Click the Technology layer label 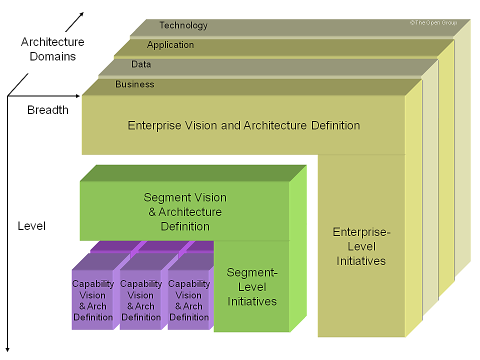click(x=183, y=25)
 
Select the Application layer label click(x=170, y=45)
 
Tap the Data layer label click(x=141, y=64)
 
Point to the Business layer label click(x=134, y=84)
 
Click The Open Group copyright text click(x=433, y=23)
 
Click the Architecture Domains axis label click(x=52, y=49)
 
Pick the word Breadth click(x=48, y=110)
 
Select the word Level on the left click(x=31, y=226)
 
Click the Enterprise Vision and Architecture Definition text click(x=244, y=125)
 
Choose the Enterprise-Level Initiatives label click(x=361, y=246)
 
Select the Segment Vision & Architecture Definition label click(x=185, y=212)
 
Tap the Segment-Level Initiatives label click(x=252, y=287)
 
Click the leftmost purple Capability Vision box click(x=93, y=300)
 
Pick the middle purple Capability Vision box click(x=141, y=300)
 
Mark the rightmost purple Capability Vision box click(x=189, y=300)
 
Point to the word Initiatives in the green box click(x=252, y=301)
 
